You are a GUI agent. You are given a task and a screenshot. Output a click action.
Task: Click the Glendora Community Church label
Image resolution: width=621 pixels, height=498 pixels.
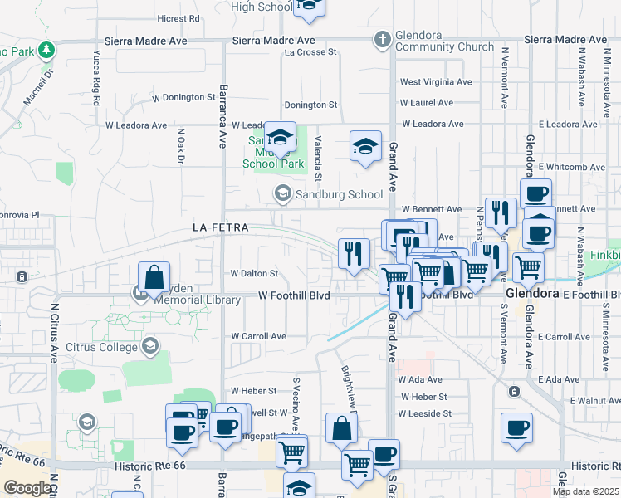(x=444, y=46)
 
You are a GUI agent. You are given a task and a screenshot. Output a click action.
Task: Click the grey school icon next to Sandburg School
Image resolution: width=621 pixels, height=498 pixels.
(x=282, y=194)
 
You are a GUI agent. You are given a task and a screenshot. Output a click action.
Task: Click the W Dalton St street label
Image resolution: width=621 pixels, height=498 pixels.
(x=253, y=272)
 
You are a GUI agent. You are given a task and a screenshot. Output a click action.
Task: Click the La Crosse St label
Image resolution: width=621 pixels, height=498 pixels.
(x=310, y=51)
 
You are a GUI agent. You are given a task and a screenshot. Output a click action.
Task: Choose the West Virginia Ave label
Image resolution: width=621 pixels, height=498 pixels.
(x=436, y=82)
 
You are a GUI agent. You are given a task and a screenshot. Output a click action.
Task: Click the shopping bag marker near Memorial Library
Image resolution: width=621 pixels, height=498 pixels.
(x=154, y=279)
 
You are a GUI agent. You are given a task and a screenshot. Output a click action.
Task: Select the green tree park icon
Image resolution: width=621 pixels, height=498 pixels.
(x=46, y=50)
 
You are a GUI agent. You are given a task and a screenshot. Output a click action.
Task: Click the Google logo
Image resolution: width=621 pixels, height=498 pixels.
(x=27, y=488)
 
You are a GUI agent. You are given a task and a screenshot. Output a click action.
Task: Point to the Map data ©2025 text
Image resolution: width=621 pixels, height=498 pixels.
(x=585, y=491)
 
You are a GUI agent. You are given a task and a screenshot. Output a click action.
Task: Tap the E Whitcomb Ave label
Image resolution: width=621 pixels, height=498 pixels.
(x=571, y=167)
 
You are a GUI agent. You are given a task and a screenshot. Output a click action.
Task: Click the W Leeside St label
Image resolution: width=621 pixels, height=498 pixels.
(x=424, y=413)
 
